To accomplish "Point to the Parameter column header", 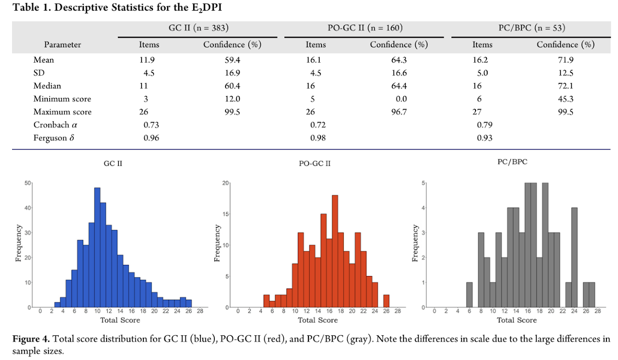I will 63,45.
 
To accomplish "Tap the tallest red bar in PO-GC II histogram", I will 335,251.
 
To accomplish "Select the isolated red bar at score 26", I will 386,301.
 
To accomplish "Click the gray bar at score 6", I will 469,295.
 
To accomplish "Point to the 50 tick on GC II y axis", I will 28,183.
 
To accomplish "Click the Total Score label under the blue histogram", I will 120,320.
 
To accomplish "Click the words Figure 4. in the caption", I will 29,339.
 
